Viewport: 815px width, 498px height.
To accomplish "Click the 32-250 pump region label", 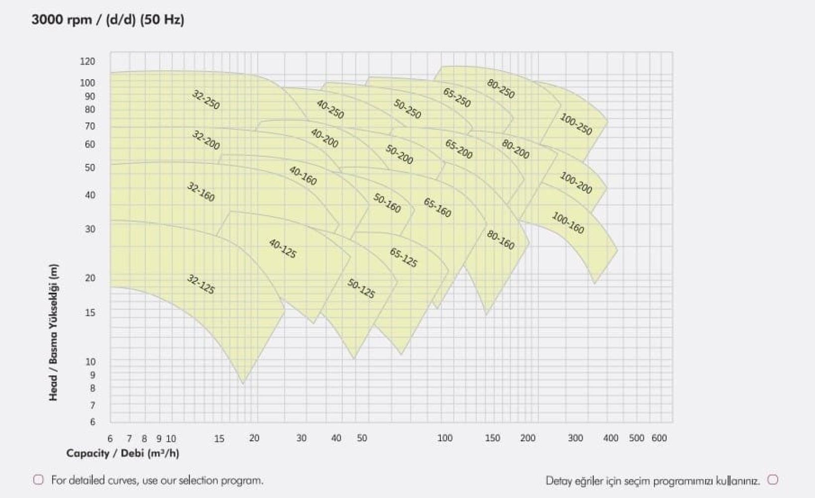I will [205, 100].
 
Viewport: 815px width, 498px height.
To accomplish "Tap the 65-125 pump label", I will [404, 257].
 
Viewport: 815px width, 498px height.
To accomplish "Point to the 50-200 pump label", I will [400, 154].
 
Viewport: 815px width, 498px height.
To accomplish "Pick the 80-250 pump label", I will [501, 89].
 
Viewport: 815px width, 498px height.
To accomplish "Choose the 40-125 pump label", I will [283, 249].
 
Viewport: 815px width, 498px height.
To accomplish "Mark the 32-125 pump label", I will [201, 284].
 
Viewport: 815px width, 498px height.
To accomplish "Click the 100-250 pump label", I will [576, 124].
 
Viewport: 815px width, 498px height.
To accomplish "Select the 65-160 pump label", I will [437, 208].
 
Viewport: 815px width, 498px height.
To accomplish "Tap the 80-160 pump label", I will [501, 240].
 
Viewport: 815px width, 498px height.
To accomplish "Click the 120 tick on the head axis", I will [87, 61].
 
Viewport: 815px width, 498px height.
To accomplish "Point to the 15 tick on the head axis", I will [90, 313].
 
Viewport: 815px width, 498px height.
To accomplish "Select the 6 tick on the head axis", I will [92, 422].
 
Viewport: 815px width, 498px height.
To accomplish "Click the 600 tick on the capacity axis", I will [659, 438].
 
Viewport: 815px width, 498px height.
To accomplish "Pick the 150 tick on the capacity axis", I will [492, 438].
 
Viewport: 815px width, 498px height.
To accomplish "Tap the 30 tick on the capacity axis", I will [301, 438].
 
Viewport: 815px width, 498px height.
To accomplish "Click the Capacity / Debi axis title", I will [122, 453].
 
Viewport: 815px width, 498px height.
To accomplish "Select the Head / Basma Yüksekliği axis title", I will [53, 332].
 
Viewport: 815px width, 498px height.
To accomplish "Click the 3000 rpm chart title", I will [107, 20].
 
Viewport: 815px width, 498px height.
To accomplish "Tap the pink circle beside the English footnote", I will [38, 480].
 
